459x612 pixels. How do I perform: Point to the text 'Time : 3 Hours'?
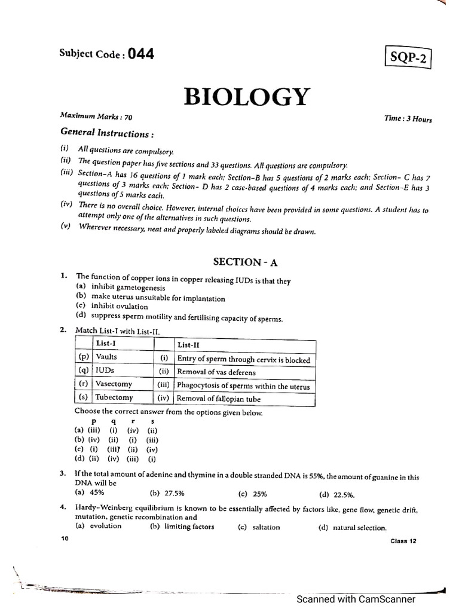(x=408, y=119)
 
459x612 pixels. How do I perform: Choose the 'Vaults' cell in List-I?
(x=107, y=357)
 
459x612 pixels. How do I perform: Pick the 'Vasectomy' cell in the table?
(x=114, y=384)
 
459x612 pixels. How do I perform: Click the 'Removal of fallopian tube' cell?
(x=219, y=399)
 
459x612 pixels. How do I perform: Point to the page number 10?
(x=65, y=538)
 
